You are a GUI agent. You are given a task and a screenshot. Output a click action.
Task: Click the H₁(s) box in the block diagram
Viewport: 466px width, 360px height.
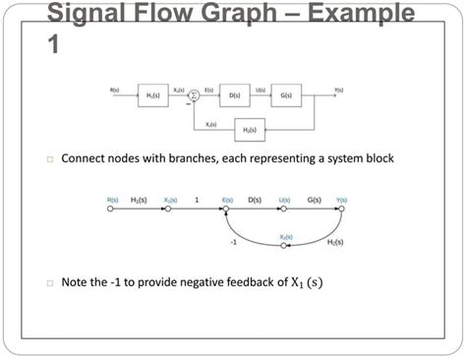[x=153, y=96]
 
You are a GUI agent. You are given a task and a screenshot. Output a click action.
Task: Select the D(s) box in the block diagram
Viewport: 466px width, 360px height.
[x=235, y=96]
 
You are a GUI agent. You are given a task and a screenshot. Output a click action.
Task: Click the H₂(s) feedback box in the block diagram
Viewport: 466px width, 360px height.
[x=252, y=129]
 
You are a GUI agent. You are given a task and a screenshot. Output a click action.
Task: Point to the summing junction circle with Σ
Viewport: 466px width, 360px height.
[x=194, y=95]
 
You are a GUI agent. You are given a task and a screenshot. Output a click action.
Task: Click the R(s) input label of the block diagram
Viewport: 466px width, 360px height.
[x=115, y=89]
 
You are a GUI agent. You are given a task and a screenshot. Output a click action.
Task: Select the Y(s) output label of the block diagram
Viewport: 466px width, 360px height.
[x=337, y=89]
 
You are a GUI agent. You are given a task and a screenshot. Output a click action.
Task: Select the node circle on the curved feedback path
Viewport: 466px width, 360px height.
[x=284, y=247]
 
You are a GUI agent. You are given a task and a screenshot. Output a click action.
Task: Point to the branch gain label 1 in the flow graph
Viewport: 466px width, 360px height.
[x=197, y=199]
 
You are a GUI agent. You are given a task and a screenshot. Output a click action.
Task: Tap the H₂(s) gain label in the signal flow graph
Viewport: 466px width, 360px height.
[x=335, y=241]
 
